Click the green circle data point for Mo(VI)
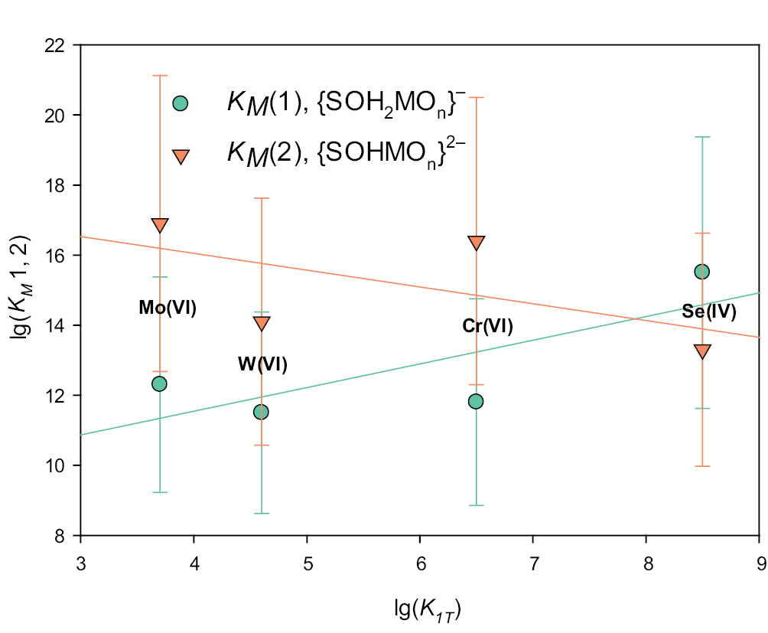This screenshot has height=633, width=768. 159,383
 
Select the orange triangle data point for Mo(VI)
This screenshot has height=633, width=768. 160,225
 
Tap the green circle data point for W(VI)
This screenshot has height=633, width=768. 261,412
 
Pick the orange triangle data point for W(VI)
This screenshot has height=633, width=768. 262,323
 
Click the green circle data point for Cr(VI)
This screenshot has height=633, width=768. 476,401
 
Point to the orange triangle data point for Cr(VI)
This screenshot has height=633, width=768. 477,243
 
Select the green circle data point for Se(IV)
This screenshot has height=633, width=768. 701,272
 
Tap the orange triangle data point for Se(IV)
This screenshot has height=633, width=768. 702,351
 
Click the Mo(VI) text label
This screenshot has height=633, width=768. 168,308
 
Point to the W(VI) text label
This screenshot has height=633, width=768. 262,364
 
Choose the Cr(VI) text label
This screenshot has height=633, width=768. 487,327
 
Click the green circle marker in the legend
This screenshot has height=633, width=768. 181,103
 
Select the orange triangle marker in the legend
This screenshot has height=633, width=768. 181,156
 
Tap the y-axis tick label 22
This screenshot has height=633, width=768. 57,45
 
